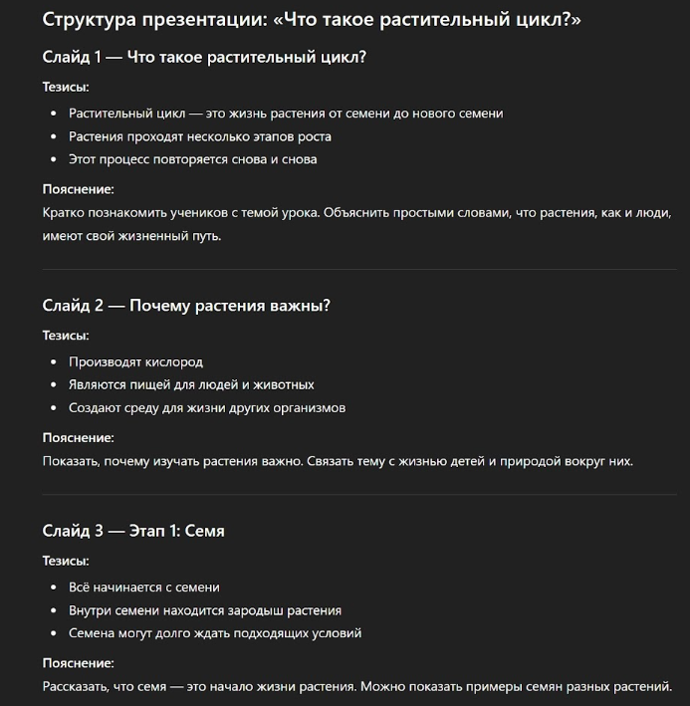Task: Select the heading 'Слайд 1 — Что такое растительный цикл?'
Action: point(204,57)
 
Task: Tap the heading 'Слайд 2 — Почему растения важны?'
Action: point(186,305)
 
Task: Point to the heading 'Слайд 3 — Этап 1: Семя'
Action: point(133,531)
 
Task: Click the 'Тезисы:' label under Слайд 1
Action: point(66,87)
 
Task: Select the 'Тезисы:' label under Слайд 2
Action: point(66,336)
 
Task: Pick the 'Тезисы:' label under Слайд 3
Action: point(66,561)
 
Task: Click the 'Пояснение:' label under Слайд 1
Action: point(79,188)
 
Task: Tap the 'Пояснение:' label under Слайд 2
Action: point(79,437)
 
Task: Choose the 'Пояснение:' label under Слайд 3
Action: point(79,662)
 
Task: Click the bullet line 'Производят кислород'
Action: point(135,361)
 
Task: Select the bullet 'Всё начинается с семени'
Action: point(144,587)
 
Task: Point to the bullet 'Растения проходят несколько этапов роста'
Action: point(200,136)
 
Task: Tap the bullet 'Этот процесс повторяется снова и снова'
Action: point(193,159)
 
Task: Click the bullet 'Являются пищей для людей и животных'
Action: point(191,384)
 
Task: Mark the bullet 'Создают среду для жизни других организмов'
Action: point(207,407)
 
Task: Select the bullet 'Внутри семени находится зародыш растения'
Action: point(205,609)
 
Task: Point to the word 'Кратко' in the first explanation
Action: point(63,212)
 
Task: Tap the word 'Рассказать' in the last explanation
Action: point(75,686)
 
